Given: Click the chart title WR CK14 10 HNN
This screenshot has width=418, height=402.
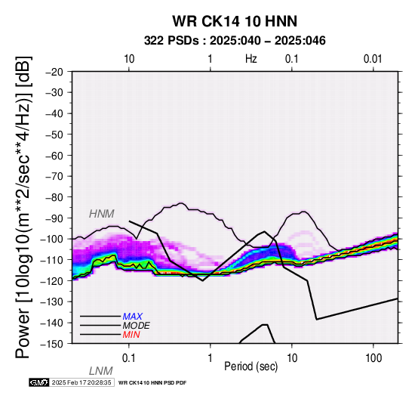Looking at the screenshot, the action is point(235,21).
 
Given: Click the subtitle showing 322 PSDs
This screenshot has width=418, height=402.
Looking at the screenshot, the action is point(235,41).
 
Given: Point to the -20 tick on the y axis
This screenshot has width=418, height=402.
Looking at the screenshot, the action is point(54,72).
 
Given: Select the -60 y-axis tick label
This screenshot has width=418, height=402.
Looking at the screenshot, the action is point(54,156).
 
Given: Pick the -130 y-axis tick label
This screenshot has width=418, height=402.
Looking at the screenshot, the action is point(52,301).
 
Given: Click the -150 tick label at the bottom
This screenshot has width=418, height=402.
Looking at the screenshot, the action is point(52,344).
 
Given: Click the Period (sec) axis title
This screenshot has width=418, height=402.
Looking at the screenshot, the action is point(250,366).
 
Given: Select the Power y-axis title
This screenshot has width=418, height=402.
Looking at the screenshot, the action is point(23,207).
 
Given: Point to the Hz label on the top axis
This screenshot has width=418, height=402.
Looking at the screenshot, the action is point(250,59).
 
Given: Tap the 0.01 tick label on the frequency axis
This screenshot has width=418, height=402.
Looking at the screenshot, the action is point(373,59).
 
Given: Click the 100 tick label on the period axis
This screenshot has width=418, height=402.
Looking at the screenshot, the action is point(373,358).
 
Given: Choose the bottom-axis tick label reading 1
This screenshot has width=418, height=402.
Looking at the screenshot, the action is point(211,358).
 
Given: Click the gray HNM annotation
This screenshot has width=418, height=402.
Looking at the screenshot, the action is point(102,214).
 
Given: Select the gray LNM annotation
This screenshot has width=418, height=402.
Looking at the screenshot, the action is point(101,371).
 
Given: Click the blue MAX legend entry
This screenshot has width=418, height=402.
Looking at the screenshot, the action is point(133,317).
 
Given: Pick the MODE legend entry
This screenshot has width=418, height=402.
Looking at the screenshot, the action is point(137,326).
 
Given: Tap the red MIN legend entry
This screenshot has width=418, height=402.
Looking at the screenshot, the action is point(131,335).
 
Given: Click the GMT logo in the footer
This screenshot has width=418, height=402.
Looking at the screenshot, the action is point(39,382).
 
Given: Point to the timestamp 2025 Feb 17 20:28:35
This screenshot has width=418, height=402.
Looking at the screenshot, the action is point(81,382).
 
